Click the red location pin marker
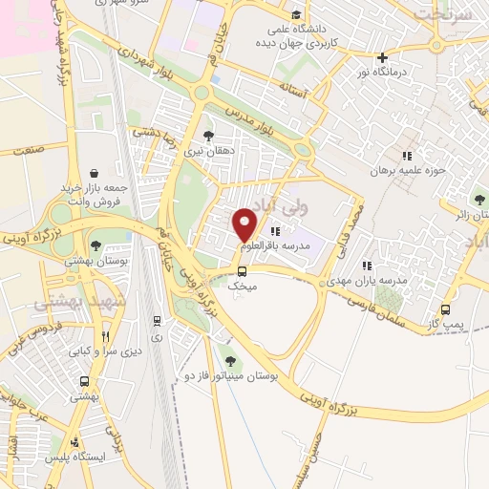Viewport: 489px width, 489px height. point(245,223)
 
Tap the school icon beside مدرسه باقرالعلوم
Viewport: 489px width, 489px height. point(275,230)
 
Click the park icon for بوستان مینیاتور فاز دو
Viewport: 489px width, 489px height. point(229,360)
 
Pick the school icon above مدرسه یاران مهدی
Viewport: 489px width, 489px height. point(366,266)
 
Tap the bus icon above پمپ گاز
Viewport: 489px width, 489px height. point(445,308)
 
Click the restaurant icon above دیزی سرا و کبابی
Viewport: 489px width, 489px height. point(106,335)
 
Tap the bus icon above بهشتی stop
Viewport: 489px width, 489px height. point(85,380)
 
